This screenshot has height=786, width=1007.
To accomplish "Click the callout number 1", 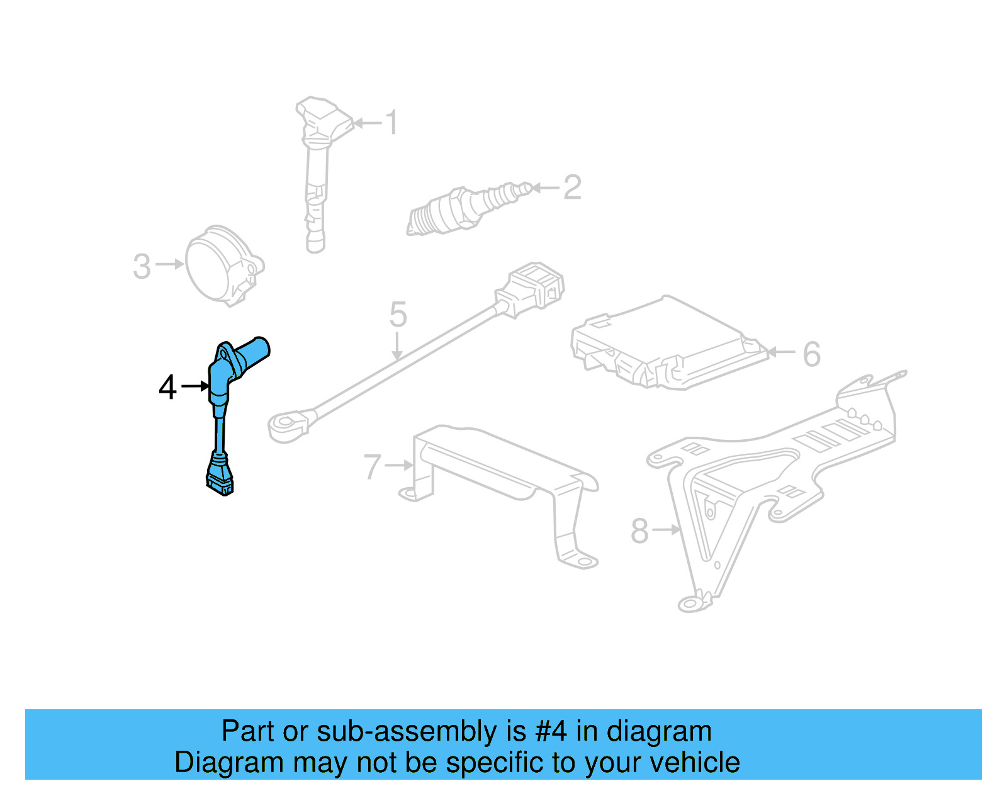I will click(x=391, y=122).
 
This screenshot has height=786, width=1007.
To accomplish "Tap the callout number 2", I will click(x=572, y=188).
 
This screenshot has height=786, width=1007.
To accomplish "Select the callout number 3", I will click(x=142, y=266).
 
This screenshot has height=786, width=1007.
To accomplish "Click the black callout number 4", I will click(x=167, y=387).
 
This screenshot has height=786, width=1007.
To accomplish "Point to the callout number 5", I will click(x=398, y=314).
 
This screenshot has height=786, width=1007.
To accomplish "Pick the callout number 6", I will click(x=812, y=354).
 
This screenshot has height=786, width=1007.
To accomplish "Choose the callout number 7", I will click(x=373, y=467).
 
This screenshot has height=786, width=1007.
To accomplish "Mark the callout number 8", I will click(x=639, y=531).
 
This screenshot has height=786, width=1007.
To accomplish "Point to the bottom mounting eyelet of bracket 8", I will click(x=690, y=604).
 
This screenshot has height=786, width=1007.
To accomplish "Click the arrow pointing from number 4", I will click(x=194, y=385).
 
